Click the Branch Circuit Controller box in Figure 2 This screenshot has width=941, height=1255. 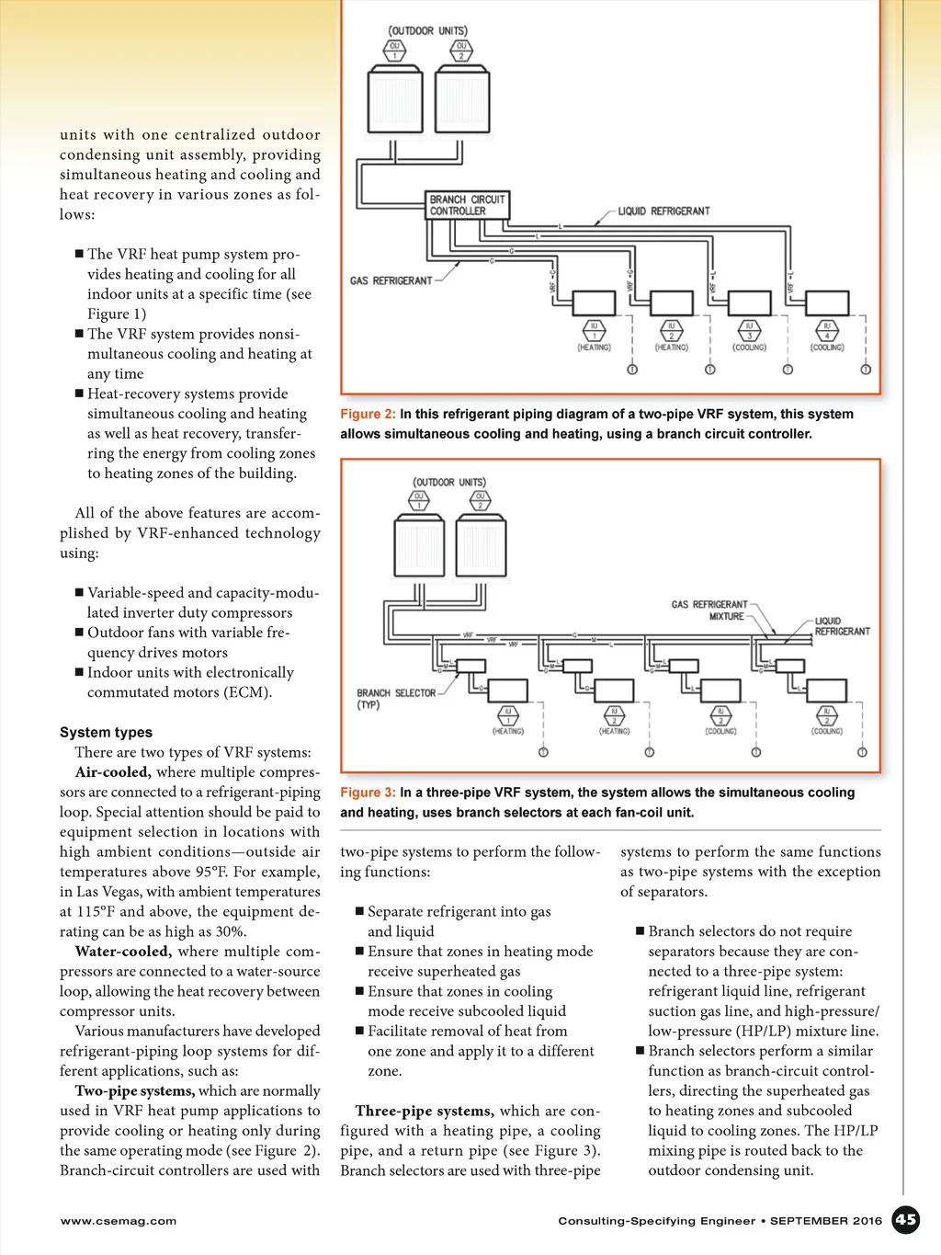468,205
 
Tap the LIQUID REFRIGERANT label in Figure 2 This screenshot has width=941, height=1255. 663,211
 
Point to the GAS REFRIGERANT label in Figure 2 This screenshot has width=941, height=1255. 391,280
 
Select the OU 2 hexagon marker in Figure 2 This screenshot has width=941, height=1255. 461,51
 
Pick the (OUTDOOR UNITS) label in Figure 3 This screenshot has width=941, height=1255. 449,482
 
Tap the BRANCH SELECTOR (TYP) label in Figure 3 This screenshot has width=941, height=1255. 395,699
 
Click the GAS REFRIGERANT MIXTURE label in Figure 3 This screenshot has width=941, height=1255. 709,610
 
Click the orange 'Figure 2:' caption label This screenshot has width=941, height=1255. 368,415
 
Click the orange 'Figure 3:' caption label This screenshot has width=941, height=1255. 368,793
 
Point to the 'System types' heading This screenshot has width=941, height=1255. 106,733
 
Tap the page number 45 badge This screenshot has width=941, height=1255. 906,1219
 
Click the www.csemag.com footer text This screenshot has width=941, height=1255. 119,1221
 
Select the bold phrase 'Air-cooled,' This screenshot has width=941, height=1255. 112,772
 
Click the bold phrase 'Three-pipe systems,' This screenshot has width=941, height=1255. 424,1111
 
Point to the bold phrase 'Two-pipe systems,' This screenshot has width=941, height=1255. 134,1091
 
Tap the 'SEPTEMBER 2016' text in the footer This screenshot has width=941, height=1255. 825,1221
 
